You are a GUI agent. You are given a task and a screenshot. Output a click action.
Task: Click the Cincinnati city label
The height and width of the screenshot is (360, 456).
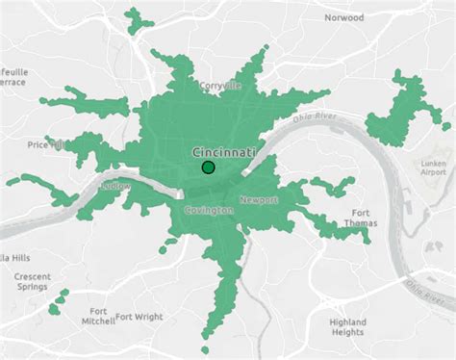224,152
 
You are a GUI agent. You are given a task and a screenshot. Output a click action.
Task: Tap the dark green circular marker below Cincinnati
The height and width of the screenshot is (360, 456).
208,168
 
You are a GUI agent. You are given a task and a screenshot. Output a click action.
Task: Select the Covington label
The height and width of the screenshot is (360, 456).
209,210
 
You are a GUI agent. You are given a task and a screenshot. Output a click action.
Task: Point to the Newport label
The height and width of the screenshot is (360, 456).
258,199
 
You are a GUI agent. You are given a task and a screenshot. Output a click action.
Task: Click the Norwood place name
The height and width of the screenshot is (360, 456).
343,17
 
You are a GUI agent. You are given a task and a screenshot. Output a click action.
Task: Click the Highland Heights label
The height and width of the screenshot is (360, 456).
347,326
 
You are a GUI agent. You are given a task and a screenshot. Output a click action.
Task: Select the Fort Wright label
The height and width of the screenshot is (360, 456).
139,316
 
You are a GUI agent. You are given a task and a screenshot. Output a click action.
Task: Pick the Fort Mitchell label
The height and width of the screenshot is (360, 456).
97,317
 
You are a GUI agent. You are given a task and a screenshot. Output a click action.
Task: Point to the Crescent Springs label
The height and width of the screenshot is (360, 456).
32,282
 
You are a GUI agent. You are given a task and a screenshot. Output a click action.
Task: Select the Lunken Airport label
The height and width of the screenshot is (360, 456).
434,170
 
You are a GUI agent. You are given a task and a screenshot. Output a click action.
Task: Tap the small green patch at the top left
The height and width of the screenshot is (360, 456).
140,17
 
